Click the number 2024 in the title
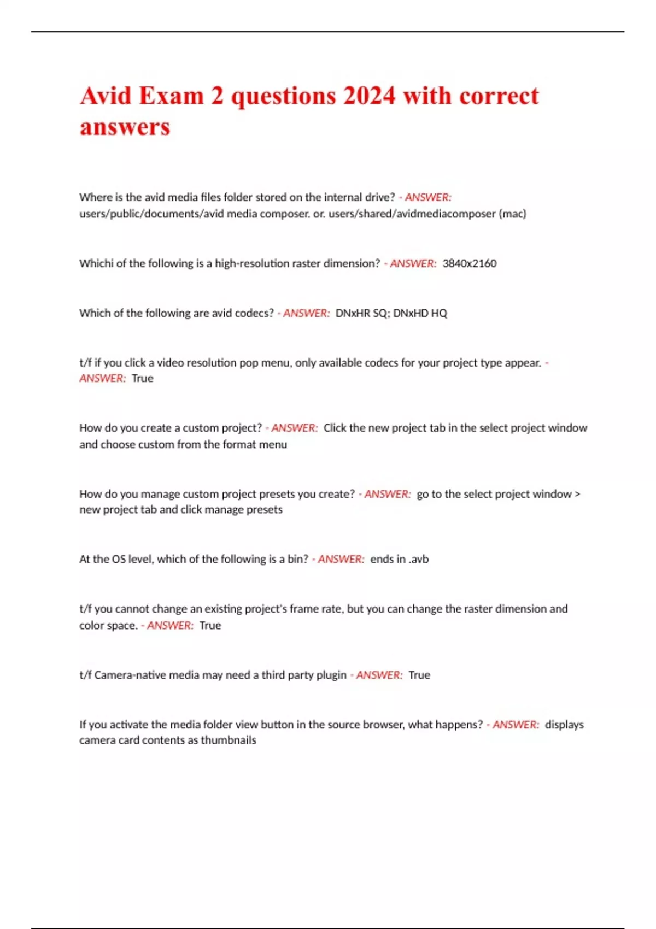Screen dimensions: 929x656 tap(369, 96)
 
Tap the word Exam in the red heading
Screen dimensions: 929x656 tap(171, 96)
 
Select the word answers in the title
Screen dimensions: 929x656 tap(125, 127)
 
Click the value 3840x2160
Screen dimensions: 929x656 tap(469, 263)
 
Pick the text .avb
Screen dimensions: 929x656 tap(418, 559)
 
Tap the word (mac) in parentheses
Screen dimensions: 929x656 tap(512, 214)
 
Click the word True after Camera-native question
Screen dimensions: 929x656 tap(419, 675)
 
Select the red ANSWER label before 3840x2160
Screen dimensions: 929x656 tap(413, 263)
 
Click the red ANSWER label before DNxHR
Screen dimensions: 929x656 tap(306, 313)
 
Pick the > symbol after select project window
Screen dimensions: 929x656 tap(577, 494)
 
